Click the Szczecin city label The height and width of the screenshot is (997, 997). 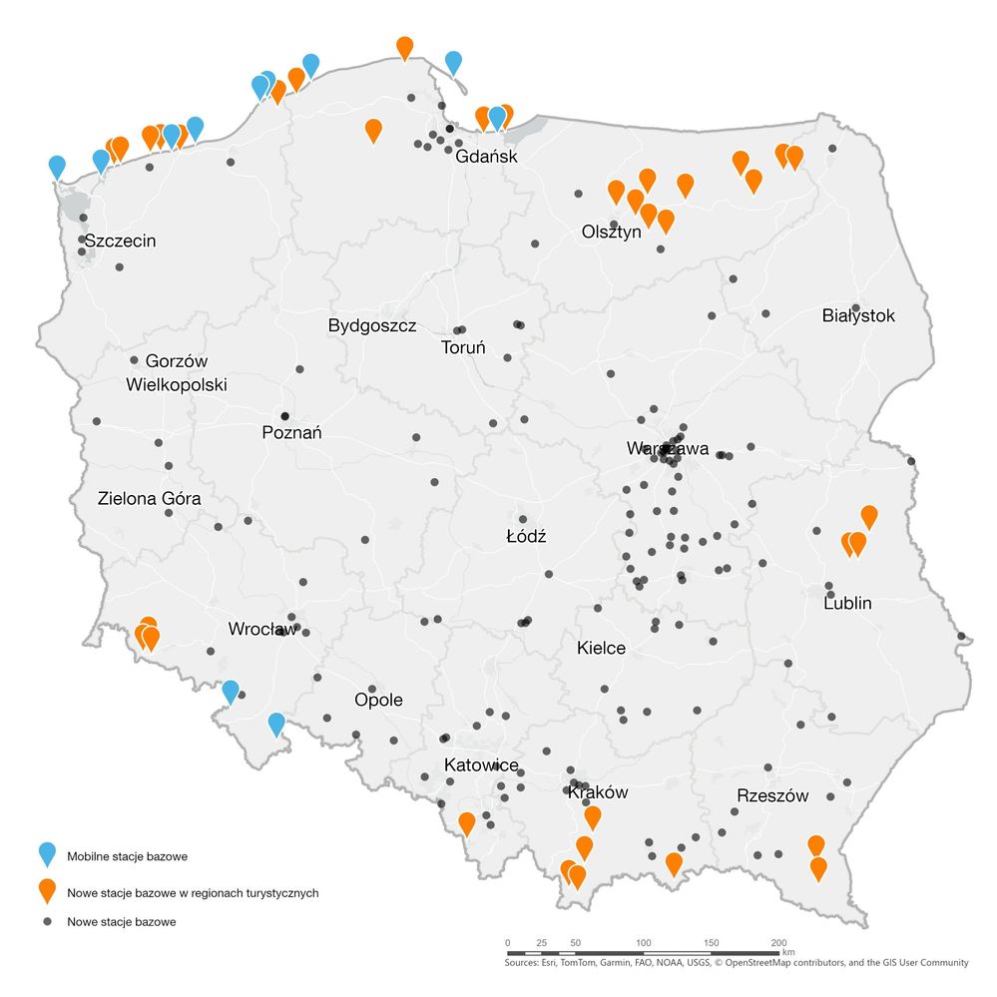tap(120, 241)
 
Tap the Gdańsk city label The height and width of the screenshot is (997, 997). tap(485, 157)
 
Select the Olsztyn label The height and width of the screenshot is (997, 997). tap(611, 232)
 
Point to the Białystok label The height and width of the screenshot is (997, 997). tap(858, 316)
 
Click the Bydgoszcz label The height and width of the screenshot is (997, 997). tap(372, 326)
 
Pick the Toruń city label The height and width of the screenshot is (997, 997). tap(463, 348)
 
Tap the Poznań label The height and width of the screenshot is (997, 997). tap(291, 433)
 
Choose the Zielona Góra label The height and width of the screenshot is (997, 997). tap(150, 498)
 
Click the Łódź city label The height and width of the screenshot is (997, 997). tap(526, 536)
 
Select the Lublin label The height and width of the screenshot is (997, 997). tap(847, 603)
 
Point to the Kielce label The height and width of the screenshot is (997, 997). tap(601, 648)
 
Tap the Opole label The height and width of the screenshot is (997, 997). tap(378, 700)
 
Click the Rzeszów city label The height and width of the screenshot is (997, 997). tap(772, 795)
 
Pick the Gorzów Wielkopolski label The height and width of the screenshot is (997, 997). tap(177, 372)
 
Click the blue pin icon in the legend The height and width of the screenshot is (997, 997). tap(46, 854)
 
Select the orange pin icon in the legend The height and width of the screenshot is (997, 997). tap(46, 890)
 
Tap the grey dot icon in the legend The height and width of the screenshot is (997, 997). tap(47, 922)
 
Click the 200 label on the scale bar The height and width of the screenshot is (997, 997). tap(778, 942)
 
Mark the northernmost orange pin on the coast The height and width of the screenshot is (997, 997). tap(404, 46)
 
